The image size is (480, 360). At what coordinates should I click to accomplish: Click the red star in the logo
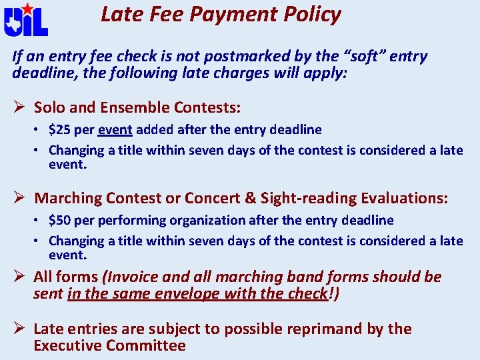[27, 9]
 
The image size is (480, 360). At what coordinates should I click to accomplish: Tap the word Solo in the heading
[49, 107]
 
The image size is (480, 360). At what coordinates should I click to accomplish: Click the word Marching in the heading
[66, 198]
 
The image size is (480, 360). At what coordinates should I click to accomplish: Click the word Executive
[66, 345]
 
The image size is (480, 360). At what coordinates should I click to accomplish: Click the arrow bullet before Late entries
[19, 329]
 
